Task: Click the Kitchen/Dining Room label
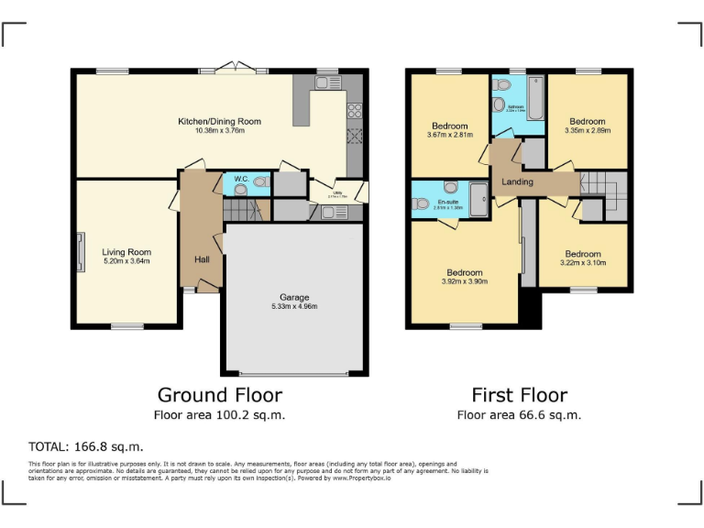click(219, 121)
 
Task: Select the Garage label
click(294, 297)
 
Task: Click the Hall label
click(202, 259)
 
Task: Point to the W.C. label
click(240, 179)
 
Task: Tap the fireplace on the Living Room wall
click(81, 249)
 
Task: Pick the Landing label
click(517, 182)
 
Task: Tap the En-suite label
click(447, 201)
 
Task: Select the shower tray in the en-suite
click(479, 196)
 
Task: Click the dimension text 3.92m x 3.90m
click(465, 282)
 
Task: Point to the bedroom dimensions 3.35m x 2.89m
click(587, 130)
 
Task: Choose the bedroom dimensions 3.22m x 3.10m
click(582, 263)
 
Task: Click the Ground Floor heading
click(220, 395)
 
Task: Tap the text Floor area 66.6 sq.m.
click(519, 415)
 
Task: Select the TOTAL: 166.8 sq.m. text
click(86, 447)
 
